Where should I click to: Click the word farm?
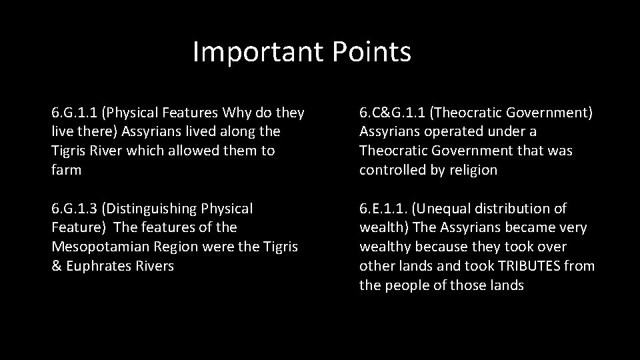tap(66, 170)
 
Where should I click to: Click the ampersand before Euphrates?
tap(56, 266)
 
